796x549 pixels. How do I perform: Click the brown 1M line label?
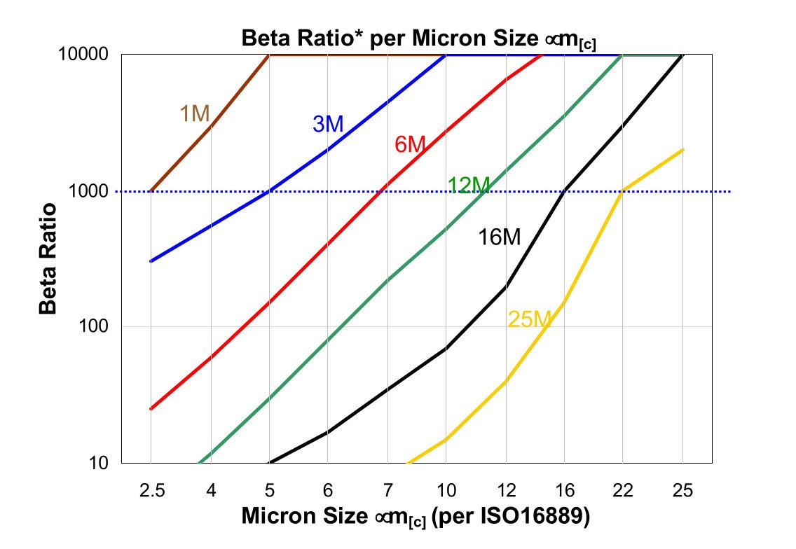click(x=195, y=113)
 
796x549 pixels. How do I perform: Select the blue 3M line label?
click(x=328, y=125)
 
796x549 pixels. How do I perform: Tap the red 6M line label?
click(x=410, y=145)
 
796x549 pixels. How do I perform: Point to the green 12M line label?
click(x=469, y=186)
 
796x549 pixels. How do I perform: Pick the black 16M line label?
click(x=500, y=237)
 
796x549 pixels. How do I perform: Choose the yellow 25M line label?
click(x=530, y=320)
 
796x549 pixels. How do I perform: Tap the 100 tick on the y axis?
click(x=97, y=327)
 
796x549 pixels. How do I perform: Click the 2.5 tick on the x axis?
click(x=151, y=492)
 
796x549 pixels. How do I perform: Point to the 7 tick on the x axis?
click(x=387, y=492)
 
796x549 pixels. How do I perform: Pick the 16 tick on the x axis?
click(x=565, y=492)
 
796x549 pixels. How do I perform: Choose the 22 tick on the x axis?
click(x=624, y=492)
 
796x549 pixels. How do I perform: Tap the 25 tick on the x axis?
click(x=682, y=492)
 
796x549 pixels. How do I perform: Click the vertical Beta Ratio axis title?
click(x=48, y=258)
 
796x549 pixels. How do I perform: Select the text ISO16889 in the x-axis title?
click(x=530, y=516)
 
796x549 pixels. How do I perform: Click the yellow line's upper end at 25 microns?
click(x=682, y=150)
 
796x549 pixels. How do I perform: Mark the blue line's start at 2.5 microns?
click(x=151, y=261)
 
